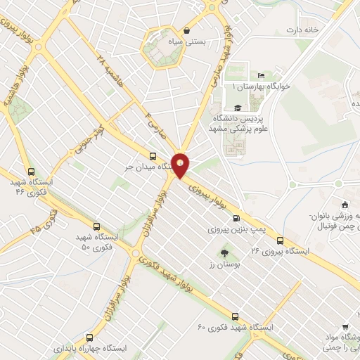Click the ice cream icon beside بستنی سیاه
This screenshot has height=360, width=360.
pyautogui.click(x=186, y=30)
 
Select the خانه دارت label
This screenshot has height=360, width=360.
pyautogui.click(x=302, y=30)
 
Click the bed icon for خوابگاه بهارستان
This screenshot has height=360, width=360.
pyautogui.click(x=262, y=76)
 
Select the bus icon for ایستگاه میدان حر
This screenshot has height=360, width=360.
pyautogui.click(x=153, y=156)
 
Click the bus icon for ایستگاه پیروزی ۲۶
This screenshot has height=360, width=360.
pyautogui.click(x=281, y=239)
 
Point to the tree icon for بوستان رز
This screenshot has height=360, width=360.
pyautogui.click(x=224, y=252)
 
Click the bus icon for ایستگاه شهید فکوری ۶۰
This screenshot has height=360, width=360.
pyautogui.click(x=235, y=316)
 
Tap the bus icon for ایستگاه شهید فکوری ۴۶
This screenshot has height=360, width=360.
pyautogui.click(x=30, y=171)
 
